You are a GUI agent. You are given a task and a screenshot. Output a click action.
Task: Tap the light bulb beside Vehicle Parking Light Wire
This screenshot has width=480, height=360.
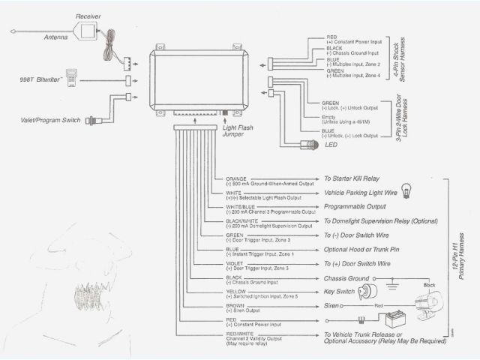click(x=407, y=189)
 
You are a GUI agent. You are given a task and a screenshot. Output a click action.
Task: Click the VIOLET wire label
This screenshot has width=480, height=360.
click(x=234, y=264)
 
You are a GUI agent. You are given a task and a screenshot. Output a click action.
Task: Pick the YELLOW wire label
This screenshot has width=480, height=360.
click(x=235, y=292)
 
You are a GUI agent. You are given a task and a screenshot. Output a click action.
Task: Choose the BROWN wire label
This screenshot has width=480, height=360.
click(x=235, y=306)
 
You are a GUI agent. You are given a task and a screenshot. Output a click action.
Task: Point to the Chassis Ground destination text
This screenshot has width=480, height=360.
click(x=346, y=278)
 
